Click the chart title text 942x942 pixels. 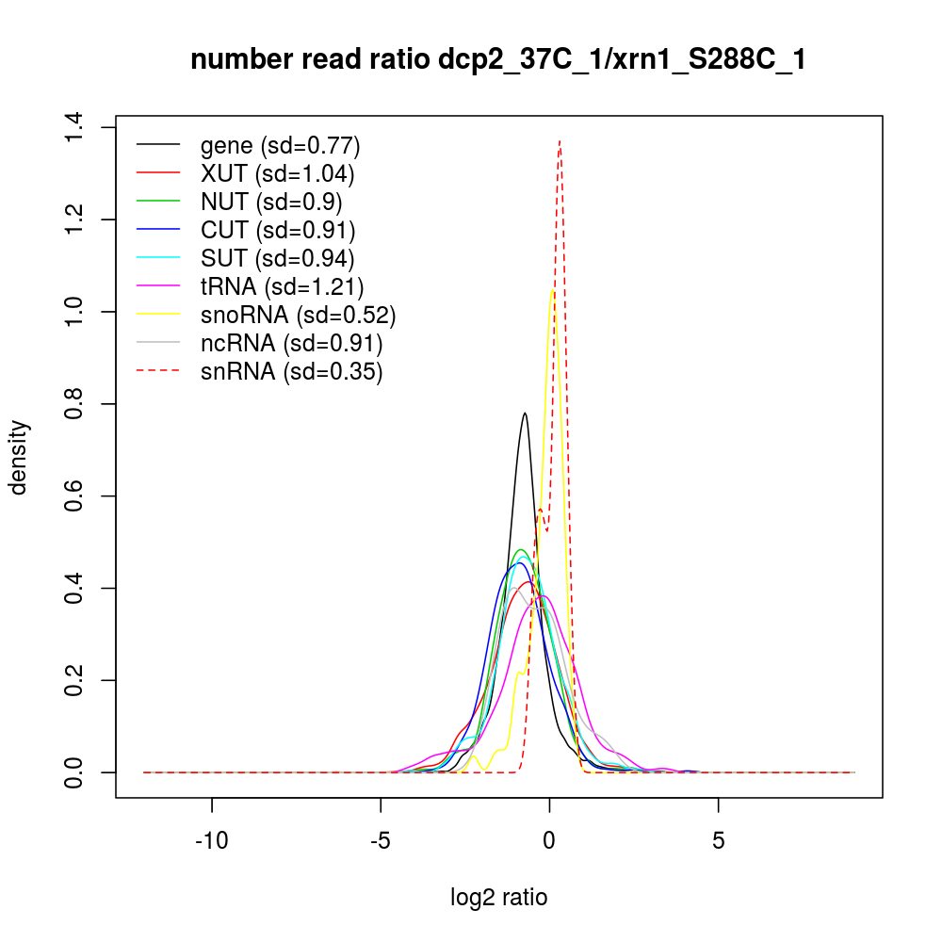[x=497, y=60]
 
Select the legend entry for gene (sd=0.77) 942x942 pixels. [x=280, y=146]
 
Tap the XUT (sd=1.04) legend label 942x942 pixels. [x=277, y=174]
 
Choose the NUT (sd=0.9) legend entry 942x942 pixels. [x=271, y=202]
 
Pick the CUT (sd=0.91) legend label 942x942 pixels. [x=277, y=230]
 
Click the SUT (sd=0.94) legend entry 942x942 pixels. [x=277, y=258]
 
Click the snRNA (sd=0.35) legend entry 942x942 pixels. [x=291, y=371]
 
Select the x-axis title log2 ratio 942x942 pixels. [x=499, y=898]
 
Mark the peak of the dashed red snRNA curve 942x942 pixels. [x=560, y=140]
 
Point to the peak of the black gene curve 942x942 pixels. [x=525, y=413]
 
